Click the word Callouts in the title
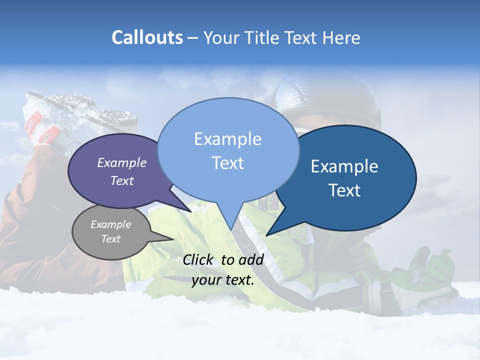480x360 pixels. click(147, 37)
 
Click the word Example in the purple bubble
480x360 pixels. click(122, 162)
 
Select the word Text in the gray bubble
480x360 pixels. click(111, 239)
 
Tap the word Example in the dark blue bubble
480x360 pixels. click(344, 166)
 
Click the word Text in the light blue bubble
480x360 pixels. click(228, 163)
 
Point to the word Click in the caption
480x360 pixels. click(198, 259)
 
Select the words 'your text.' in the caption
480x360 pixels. click(223, 280)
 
